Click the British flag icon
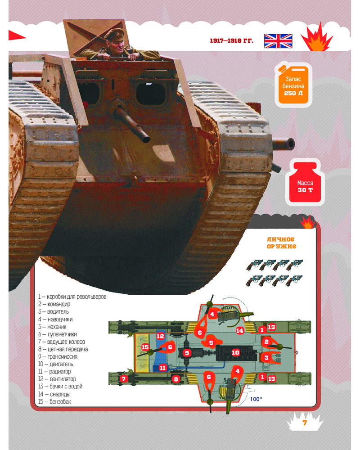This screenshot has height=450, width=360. click(x=278, y=41)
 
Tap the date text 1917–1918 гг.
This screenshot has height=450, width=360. click(x=231, y=41)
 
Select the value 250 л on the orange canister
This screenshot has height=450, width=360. click(x=293, y=93)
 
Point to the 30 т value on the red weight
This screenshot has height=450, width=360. click(x=305, y=190)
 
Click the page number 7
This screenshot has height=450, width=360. click(x=305, y=423)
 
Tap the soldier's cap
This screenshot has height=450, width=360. click(x=115, y=33)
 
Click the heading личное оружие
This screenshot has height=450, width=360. click(x=281, y=243)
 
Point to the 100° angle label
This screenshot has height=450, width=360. click(x=256, y=399)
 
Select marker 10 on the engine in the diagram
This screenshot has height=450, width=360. click(x=235, y=352)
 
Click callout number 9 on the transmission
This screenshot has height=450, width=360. click(x=187, y=353)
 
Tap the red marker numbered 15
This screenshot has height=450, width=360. click(x=145, y=347)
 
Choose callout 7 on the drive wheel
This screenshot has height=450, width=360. click(x=123, y=379)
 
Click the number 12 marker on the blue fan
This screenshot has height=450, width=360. click(x=161, y=336)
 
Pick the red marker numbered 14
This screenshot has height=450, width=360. click(x=240, y=331)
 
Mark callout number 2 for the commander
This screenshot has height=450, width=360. click(x=266, y=342)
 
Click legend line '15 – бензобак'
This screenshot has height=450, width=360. click(x=54, y=401)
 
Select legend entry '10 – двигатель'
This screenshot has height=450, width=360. click(x=56, y=364)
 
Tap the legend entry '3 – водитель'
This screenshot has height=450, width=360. click(x=54, y=311)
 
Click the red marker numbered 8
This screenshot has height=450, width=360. click(x=176, y=379)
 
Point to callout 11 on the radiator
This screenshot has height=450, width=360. click(x=163, y=368)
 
